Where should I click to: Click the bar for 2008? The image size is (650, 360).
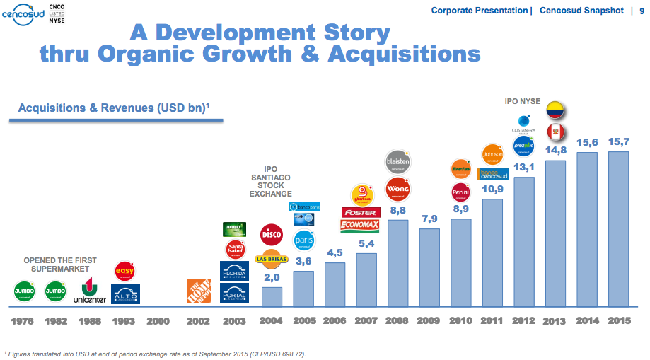[398, 262]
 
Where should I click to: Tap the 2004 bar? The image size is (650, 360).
[272, 296]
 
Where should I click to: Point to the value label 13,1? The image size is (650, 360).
[524, 168]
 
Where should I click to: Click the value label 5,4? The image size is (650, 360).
[366, 244]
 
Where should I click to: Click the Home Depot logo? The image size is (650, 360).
[199, 291]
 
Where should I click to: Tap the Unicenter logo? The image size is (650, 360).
[89, 291]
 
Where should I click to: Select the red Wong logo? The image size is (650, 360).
[398, 189]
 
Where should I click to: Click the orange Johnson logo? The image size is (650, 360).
[492, 153]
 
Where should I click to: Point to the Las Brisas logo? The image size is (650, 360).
[272, 259]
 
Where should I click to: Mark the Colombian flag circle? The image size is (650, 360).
[556, 110]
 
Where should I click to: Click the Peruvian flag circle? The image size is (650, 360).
[556, 132]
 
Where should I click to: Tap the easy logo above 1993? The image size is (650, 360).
[124, 270]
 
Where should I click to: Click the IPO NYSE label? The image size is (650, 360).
[523, 102]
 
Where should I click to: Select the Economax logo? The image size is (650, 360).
[360, 226]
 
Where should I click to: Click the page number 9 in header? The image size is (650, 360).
[641, 11]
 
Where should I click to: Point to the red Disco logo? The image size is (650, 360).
[272, 234]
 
